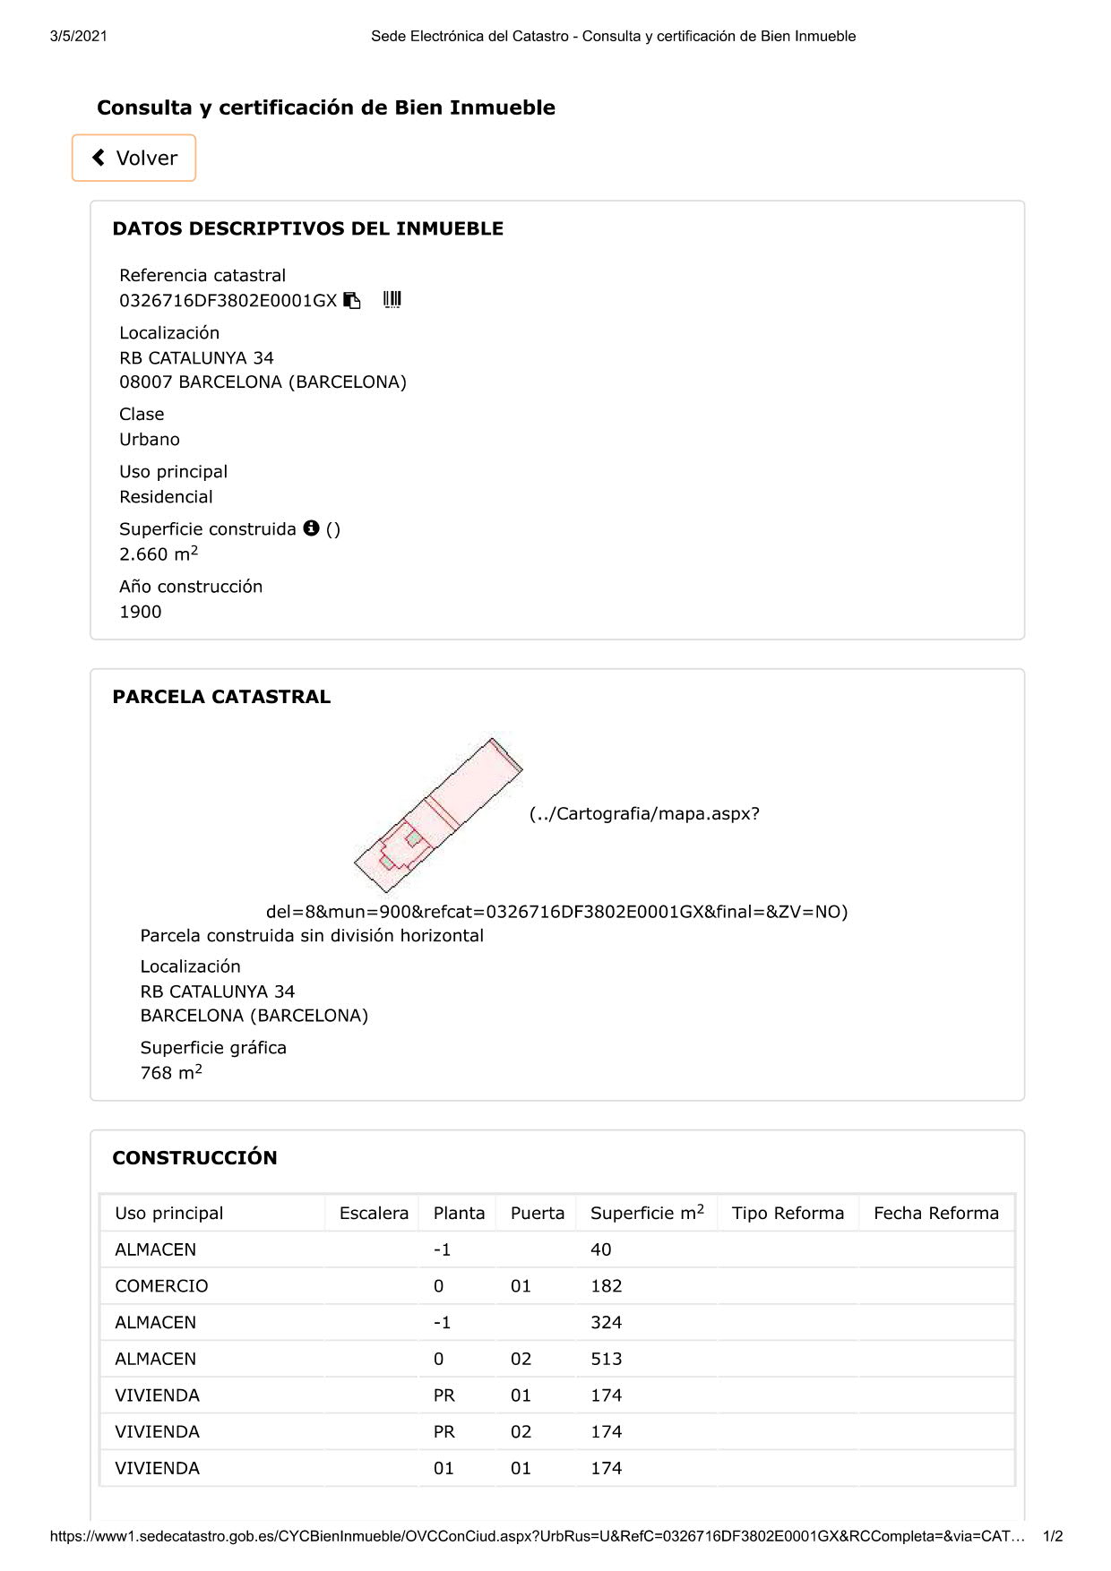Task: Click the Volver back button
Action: (x=134, y=158)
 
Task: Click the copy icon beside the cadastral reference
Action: (x=352, y=301)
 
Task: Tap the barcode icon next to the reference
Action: (x=392, y=300)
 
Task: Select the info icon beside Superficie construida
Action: (x=311, y=528)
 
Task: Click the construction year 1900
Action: (x=141, y=612)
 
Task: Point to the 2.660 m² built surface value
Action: (x=158, y=554)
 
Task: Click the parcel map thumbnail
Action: (x=438, y=815)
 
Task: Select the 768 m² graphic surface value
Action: (x=170, y=1072)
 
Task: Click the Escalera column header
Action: (x=374, y=1213)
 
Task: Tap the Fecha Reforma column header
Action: (x=935, y=1213)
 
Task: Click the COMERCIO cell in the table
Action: (x=161, y=1286)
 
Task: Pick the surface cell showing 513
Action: (x=607, y=1359)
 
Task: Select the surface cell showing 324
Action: (x=607, y=1322)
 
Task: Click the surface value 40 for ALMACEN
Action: (x=601, y=1249)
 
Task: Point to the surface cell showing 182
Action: (x=607, y=1286)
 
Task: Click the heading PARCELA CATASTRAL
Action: (x=221, y=697)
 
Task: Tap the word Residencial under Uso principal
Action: (x=166, y=497)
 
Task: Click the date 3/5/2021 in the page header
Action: (x=79, y=36)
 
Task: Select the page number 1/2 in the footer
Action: (x=1053, y=1536)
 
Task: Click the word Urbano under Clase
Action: (x=150, y=440)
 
